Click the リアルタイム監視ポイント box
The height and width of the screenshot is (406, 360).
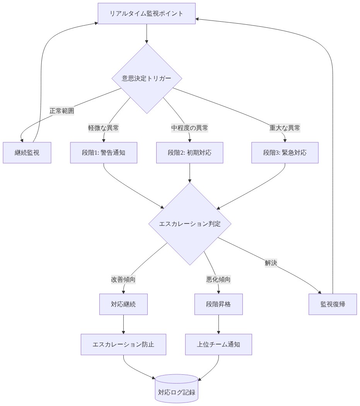(x=147, y=14)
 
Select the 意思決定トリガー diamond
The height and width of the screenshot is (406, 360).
(x=147, y=78)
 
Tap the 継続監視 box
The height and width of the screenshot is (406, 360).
(x=27, y=152)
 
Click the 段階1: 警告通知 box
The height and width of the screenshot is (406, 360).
(x=104, y=152)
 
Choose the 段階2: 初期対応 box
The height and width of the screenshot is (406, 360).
(x=189, y=152)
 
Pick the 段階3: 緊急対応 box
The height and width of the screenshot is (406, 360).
(x=285, y=152)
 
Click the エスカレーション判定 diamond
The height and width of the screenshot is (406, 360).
(x=190, y=223)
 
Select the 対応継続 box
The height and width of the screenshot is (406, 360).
(x=123, y=304)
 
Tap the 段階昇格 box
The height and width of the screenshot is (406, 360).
(x=218, y=304)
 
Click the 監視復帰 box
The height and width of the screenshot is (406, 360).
(x=333, y=304)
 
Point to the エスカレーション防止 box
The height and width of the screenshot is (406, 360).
(x=123, y=344)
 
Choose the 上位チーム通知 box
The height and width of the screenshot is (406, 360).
(x=218, y=344)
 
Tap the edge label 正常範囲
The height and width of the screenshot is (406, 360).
(x=61, y=111)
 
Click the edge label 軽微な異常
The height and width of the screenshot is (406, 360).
(x=103, y=128)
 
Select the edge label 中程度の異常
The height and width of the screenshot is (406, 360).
(x=189, y=128)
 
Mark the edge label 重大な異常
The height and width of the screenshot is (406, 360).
(x=285, y=128)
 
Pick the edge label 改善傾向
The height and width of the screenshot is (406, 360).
(x=123, y=280)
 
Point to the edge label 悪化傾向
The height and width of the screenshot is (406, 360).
(x=218, y=280)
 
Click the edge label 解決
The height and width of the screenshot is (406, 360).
(x=271, y=263)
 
